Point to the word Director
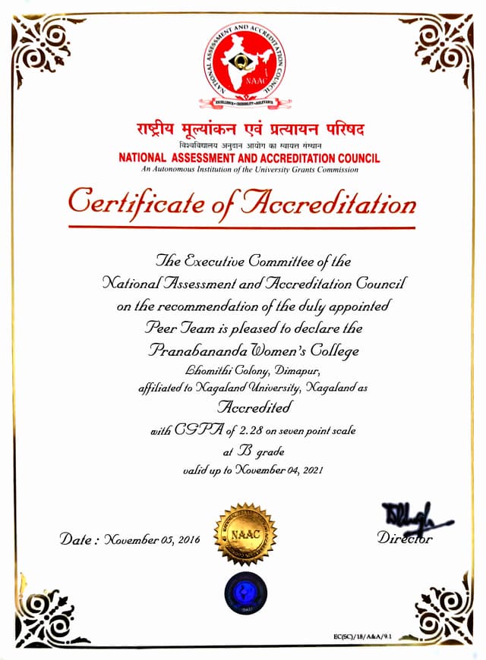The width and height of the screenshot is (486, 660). (x=405, y=539)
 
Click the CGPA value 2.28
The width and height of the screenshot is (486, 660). (x=260, y=430)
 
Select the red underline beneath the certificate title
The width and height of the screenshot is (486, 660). (x=241, y=227)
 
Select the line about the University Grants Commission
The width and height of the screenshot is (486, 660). (x=243, y=170)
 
